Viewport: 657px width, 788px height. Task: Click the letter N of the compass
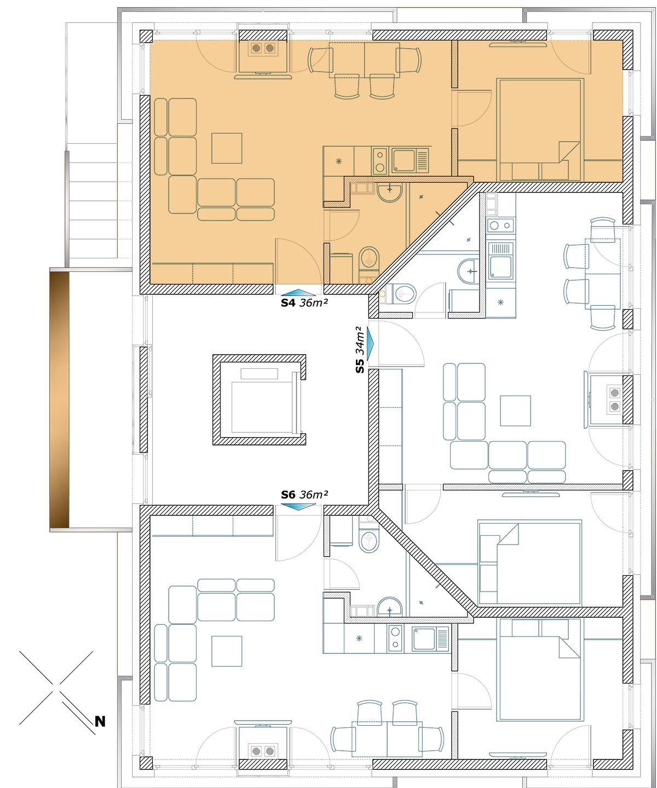(x=100, y=722)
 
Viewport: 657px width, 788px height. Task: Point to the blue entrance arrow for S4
(x=298, y=292)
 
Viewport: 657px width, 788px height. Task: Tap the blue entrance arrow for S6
(x=298, y=507)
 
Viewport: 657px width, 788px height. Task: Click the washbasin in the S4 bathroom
(x=389, y=193)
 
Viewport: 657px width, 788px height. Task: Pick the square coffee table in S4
(x=227, y=148)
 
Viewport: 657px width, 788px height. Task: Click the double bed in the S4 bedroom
(x=540, y=130)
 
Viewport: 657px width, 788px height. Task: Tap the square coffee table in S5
(x=515, y=410)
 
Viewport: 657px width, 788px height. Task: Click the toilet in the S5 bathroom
(x=404, y=293)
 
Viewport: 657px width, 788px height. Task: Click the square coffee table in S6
(x=227, y=651)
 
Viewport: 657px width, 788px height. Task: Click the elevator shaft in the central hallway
(x=259, y=399)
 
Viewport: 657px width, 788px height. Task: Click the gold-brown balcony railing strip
(x=59, y=399)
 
